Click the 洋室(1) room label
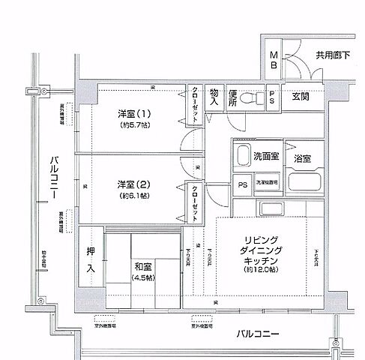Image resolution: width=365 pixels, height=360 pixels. [x=134, y=114]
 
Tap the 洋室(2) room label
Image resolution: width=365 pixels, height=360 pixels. [x=134, y=184]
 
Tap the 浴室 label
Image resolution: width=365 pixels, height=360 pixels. [x=303, y=159]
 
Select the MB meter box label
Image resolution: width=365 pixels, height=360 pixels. [x=274, y=60]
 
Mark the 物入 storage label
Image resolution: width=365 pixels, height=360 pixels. [x=214, y=96]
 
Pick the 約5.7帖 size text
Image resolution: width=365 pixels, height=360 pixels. [x=134, y=125]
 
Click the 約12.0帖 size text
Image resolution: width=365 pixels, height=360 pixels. [x=262, y=269]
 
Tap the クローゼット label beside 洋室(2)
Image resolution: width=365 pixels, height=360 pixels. [x=194, y=201]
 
